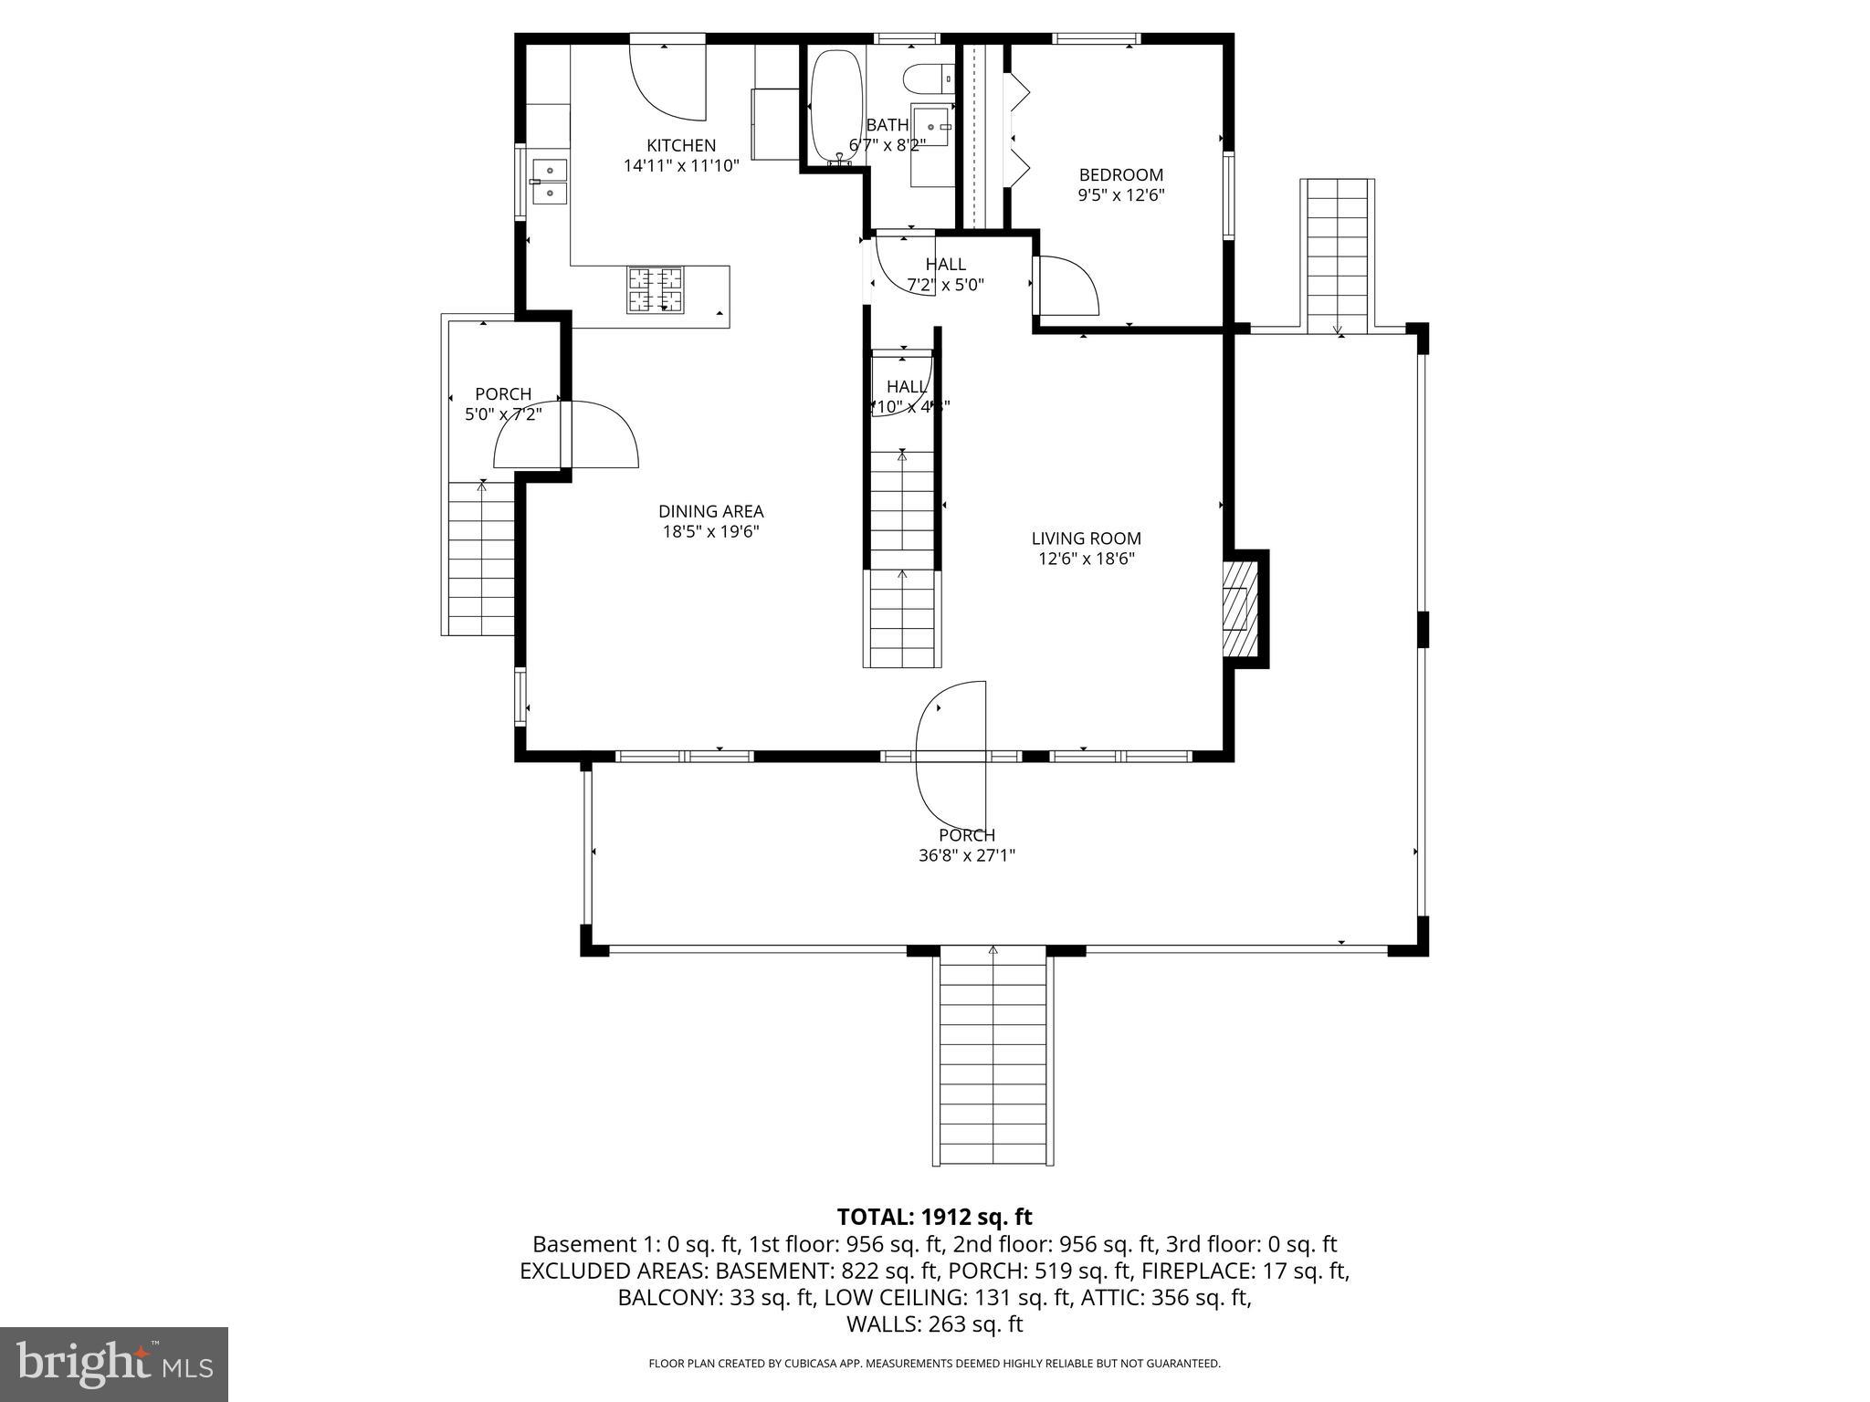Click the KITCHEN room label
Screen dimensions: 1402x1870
tap(681, 145)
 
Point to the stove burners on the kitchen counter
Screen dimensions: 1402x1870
tap(655, 290)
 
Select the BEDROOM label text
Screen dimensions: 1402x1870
tap(1120, 175)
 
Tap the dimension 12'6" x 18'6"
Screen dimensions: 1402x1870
tap(1086, 560)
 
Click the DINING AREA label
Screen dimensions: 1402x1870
tap(710, 512)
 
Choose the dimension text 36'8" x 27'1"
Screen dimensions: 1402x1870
tap(966, 856)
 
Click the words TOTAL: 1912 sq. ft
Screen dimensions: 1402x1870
tap(934, 1217)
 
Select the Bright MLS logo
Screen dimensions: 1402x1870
tap(114, 1364)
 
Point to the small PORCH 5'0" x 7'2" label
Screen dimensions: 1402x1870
tap(503, 403)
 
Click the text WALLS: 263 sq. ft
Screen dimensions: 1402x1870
tap(934, 1324)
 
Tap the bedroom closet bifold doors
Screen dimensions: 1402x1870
tap(1019, 137)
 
